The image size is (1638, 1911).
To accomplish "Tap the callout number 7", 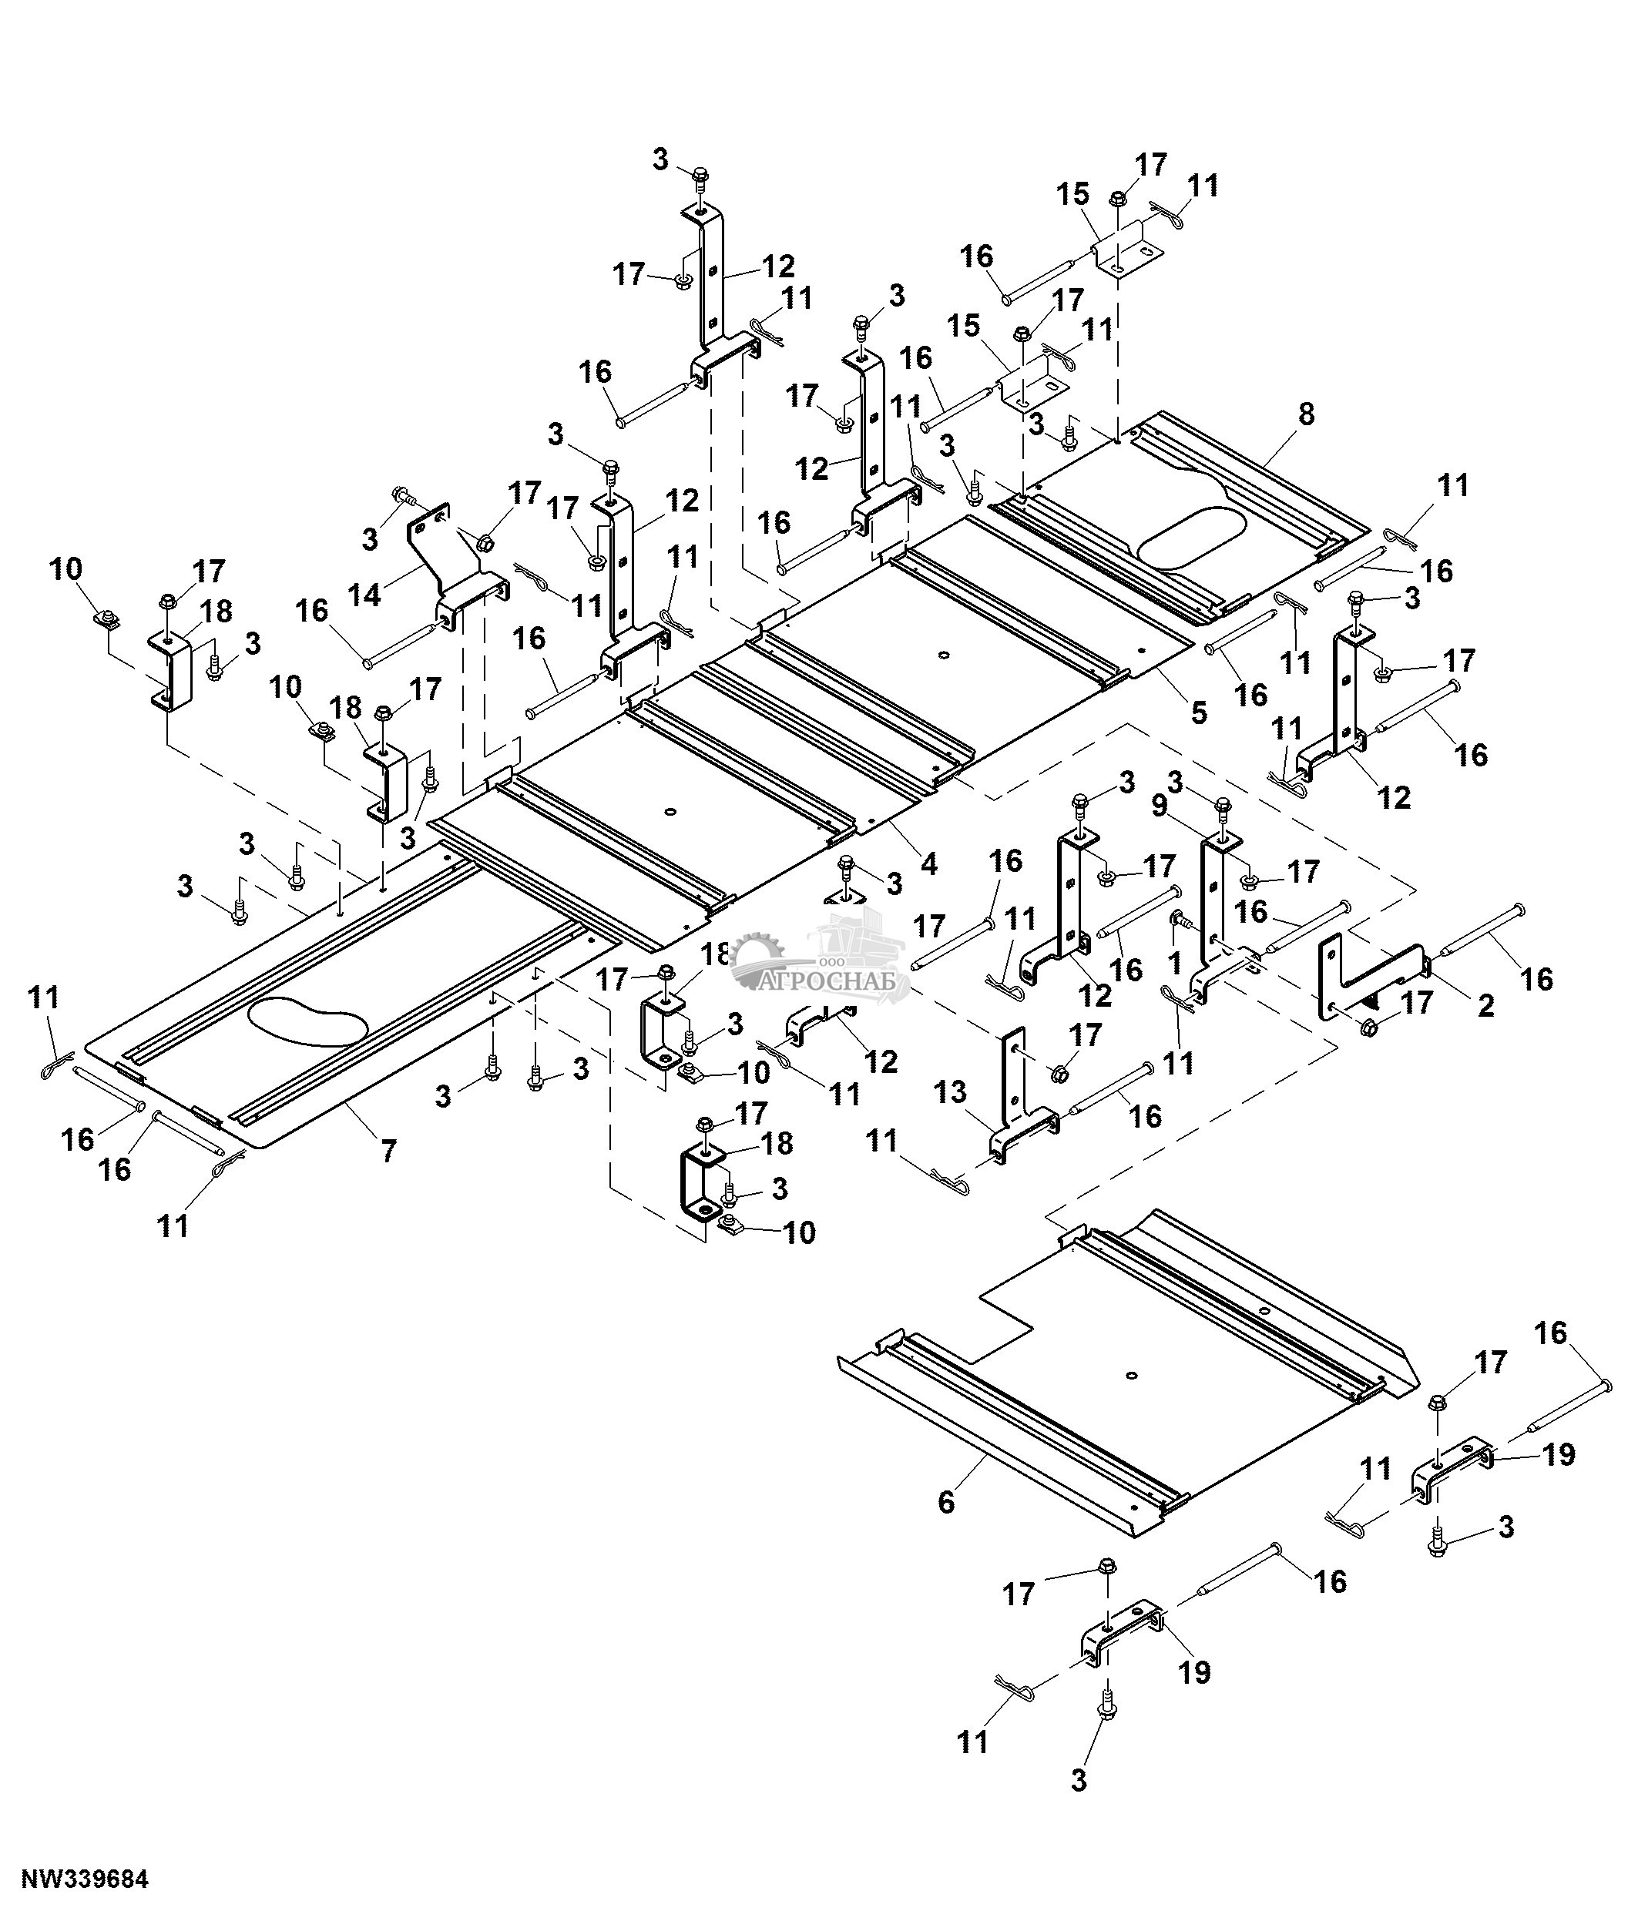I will click(388, 1150).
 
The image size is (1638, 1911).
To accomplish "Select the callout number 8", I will click(1305, 414).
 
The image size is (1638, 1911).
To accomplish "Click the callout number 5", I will click(1198, 711).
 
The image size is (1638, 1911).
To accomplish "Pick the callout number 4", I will click(928, 863).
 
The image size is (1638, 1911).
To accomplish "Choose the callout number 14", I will click(365, 595).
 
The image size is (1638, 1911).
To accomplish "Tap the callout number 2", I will click(1485, 1005).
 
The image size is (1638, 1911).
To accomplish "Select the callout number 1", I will click(1174, 964).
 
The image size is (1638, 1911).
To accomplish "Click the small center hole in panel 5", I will click(942, 655).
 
